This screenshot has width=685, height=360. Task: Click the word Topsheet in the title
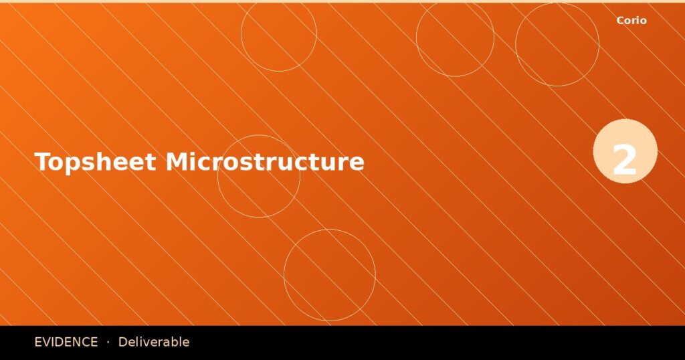[95, 163]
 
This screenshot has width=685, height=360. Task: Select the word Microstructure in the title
[265, 163]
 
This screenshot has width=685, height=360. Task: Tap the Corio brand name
[631, 21]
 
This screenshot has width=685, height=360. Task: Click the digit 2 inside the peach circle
[625, 161]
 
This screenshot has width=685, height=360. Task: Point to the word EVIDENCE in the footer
[66, 342]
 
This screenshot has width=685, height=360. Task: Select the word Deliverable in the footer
[154, 342]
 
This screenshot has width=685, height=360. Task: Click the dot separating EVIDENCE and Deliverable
[108, 342]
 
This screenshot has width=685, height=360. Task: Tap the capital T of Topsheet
[42, 163]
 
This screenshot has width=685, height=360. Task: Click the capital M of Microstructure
[177, 163]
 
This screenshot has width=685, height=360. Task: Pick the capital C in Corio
[620, 21]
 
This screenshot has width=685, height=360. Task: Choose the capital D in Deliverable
[122, 342]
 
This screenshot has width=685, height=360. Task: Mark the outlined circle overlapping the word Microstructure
[259, 176]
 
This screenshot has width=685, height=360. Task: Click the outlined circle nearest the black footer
[329, 275]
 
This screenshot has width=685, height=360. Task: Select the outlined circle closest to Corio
[557, 44]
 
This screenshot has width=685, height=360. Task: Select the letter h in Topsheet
[101, 163]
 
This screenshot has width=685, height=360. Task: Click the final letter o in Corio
[643, 21]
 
